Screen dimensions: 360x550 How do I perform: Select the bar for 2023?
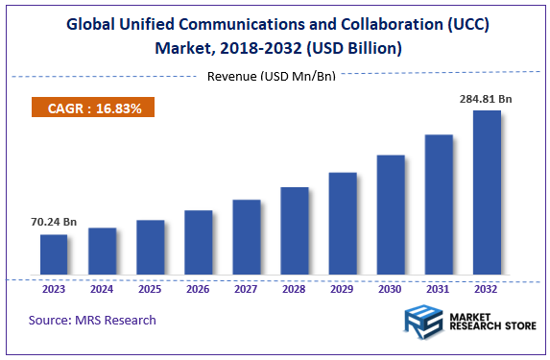[x=54, y=254]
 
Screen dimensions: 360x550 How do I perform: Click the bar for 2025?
[x=150, y=248]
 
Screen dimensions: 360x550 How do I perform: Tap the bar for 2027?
[x=247, y=238]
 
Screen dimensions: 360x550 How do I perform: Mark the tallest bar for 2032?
[x=487, y=193]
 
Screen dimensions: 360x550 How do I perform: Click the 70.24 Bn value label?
[x=54, y=221]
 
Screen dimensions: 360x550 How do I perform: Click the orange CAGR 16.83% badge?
[x=94, y=108]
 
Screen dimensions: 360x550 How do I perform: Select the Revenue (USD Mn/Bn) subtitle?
[x=272, y=76]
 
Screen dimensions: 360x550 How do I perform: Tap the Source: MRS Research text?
[x=92, y=320]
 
